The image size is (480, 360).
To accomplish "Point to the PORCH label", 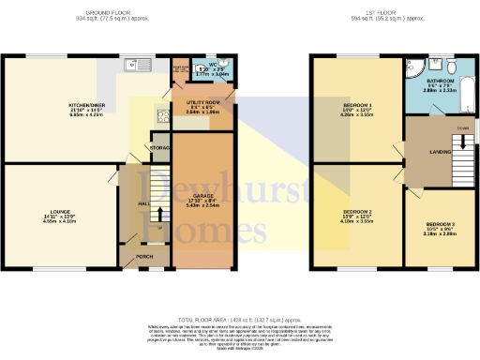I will click(x=145, y=257).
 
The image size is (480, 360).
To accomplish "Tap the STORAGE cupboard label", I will click(x=161, y=148).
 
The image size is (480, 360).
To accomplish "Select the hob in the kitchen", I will click(x=161, y=118).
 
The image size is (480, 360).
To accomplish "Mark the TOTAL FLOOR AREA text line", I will click(x=239, y=321).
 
